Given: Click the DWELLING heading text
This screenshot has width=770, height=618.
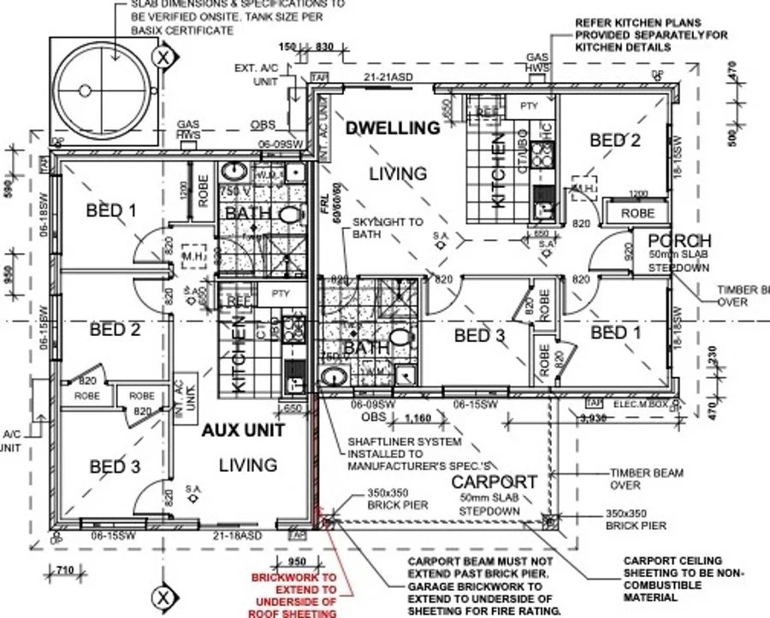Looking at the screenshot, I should point(392,128).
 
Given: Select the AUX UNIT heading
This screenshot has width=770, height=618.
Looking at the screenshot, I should point(242,431).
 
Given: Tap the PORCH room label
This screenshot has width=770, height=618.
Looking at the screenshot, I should point(680,240).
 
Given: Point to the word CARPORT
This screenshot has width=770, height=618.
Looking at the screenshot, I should point(494,481).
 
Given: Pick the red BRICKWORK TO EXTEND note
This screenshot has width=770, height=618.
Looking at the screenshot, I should point(293,595).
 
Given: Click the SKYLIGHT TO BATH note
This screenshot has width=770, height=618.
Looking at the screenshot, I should point(388,228).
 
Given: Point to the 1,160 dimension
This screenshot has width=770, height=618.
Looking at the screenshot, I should point(417,419).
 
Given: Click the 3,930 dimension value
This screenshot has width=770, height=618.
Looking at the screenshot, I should point(593,419).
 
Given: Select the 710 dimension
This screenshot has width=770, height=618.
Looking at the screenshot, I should point(63,570).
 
